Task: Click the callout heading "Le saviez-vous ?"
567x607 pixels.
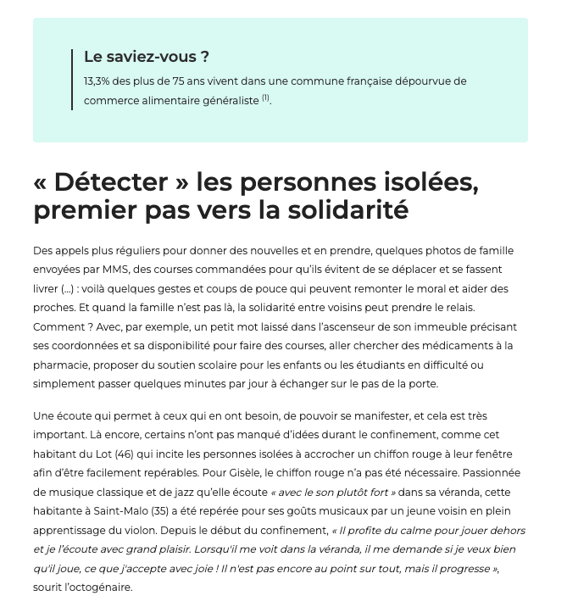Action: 147,58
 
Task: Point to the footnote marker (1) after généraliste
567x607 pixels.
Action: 265,98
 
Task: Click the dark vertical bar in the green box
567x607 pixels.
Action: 73,79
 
